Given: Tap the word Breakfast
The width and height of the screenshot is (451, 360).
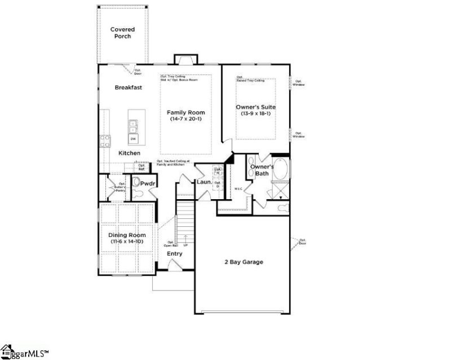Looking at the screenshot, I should point(128,87).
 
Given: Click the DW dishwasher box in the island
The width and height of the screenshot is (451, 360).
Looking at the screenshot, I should point(134,138).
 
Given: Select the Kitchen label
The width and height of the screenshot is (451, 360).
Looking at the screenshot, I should point(129,153).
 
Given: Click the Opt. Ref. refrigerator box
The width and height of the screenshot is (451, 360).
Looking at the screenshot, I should point(142,166).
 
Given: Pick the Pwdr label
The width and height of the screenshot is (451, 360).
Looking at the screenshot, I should point(148,184).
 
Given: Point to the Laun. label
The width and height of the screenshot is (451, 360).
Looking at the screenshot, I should point(203,183).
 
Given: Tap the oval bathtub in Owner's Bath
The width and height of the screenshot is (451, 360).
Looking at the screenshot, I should point(280,169).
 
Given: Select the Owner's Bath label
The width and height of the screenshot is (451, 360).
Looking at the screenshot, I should point(262,170).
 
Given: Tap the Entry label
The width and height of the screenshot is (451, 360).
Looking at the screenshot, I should point(175,254).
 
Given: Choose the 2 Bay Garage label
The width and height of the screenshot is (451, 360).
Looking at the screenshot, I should point(244,262).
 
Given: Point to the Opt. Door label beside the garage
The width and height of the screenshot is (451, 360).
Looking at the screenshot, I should point(303,242).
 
